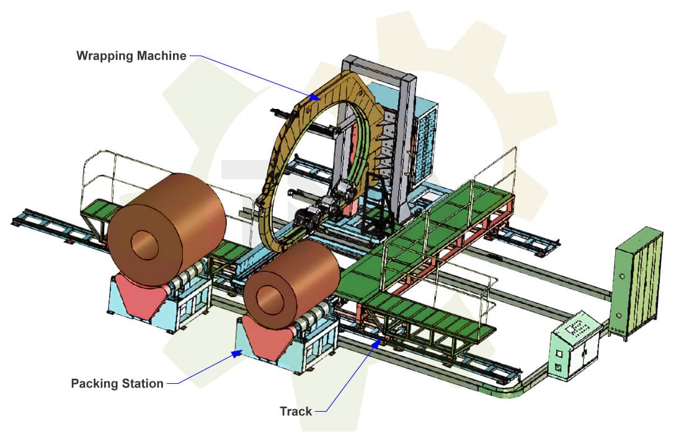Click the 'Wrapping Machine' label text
(131, 56)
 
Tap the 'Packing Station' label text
(117, 383)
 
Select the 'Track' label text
(296, 411)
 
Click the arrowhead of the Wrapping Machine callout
(315, 97)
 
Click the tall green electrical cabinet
(636, 282)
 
